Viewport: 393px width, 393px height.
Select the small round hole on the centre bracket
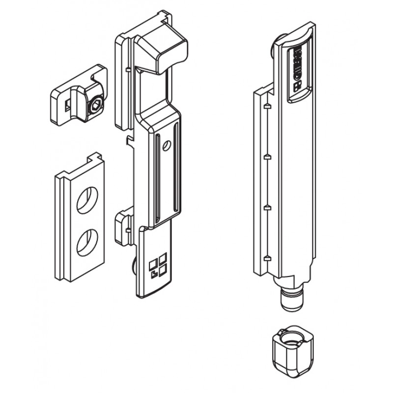168,145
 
